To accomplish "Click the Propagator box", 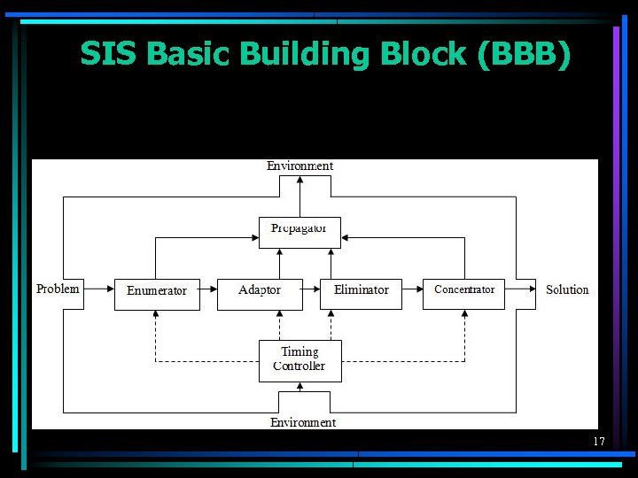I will (300, 232).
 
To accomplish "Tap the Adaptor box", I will (259, 293).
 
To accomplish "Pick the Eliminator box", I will (361, 293).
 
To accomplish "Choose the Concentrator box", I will (464, 293).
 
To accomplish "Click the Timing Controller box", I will (300, 360).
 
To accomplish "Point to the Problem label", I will (58, 289).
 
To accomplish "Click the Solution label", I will (567, 289).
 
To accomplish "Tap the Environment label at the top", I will (300, 166).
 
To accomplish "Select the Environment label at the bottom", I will (302, 422).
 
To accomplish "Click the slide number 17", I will (599, 441).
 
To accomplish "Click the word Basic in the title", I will (188, 55).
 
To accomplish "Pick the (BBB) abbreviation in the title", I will (524, 55).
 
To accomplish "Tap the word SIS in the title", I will (108, 55).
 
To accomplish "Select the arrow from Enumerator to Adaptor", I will (206, 289).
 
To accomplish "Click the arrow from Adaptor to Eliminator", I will (310, 289).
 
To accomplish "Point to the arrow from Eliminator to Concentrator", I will (412, 289).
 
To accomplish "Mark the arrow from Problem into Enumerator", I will (98, 289).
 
